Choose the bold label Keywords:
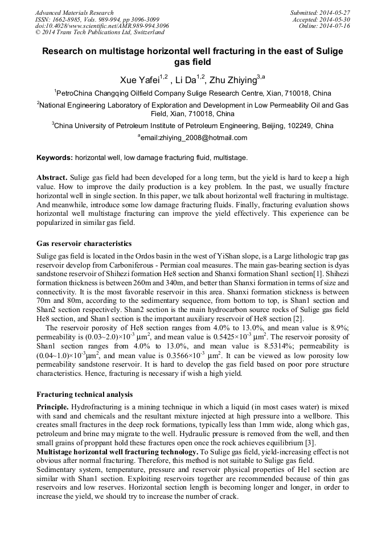55,157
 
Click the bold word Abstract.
51,177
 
